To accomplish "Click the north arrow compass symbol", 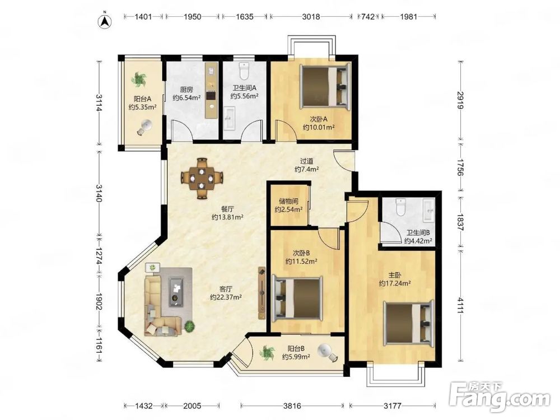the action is [105, 21].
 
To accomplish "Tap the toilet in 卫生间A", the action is [244, 71].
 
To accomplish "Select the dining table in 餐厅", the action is [202, 178].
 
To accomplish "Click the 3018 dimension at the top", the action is [311, 16].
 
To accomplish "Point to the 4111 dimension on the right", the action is [460, 305].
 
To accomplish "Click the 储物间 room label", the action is [288, 202].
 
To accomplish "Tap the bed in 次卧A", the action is [325, 86].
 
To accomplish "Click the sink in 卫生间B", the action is [428, 209].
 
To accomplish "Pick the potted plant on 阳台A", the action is [138, 80].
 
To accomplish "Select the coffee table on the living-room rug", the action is [176, 291].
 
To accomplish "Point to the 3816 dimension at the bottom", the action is [292, 405].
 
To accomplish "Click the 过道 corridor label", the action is [306, 161].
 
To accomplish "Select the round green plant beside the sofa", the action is [190, 326].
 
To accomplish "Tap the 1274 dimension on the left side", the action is [99, 255].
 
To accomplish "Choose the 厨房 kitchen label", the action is [187, 90].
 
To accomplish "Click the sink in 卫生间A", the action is [230, 118].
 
